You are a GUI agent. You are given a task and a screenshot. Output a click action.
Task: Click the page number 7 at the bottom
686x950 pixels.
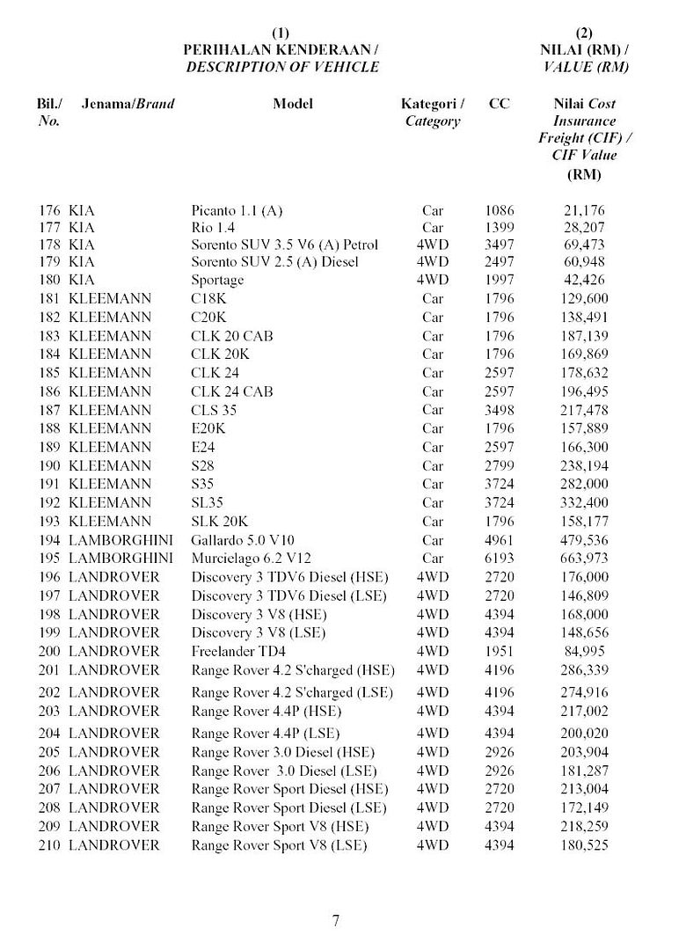click(336, 921)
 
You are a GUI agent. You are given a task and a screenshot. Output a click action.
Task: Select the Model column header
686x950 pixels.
click(293, 104)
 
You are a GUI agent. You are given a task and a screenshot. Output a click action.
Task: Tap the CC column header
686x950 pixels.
click(500, 104)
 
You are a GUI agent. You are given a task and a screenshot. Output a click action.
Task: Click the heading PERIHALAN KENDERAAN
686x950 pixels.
click(281, 50)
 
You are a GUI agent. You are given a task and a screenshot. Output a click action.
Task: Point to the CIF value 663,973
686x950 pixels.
click(584, 559)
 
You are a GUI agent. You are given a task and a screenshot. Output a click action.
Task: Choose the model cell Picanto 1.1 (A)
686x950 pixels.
click(237, 211)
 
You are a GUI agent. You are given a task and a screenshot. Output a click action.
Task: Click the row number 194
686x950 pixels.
click(49, 540)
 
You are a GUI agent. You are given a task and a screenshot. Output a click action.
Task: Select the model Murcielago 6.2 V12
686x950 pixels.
click(252, 559)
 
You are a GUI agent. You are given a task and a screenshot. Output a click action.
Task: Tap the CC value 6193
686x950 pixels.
click(500, 559)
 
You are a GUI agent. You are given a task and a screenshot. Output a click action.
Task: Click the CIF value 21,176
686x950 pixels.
click(584, 211)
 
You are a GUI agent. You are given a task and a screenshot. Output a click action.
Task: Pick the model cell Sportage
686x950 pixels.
click(217, 281)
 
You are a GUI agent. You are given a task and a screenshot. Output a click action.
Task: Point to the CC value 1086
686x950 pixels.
click(500, 211)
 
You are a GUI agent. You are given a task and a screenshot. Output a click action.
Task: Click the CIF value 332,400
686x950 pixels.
click(584, 503)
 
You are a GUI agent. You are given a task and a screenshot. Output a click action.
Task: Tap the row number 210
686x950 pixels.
click(49, 845)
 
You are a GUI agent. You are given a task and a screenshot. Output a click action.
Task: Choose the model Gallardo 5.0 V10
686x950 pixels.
click(243, 540)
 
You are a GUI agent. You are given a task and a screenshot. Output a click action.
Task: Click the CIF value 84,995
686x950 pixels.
click(584, 652)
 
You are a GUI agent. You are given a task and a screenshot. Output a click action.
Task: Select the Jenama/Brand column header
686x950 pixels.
click(128, 104)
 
